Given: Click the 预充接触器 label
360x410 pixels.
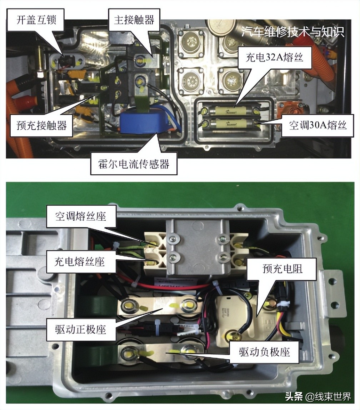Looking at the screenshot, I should click(x=41, y=126).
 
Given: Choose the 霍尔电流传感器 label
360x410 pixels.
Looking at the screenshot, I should click(x=134, y=164).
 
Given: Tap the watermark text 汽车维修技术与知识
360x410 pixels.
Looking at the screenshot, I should click(x=292, y=32).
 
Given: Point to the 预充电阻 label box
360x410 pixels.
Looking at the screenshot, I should click(x=282, y=269).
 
